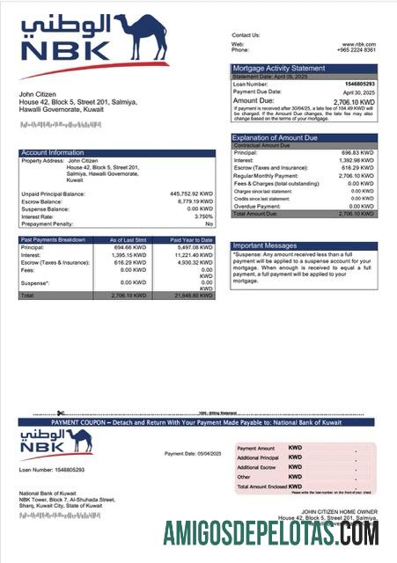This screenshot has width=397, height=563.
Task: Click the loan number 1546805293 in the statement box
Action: point(357,84)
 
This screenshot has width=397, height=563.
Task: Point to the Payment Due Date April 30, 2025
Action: point(358,91)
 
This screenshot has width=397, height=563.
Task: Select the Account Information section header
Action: point(53,153)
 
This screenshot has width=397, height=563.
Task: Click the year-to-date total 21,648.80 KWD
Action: point(193,295)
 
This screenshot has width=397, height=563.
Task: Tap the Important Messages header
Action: point(265,245)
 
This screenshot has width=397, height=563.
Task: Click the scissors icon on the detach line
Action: point(61,413)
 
